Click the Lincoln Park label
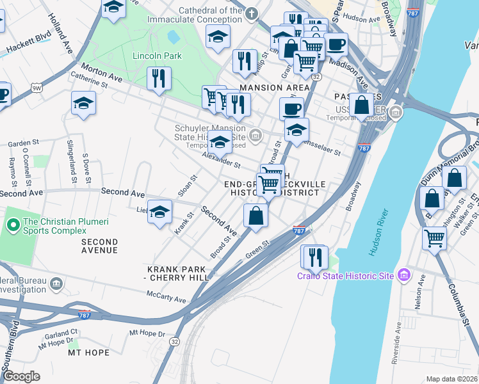157,56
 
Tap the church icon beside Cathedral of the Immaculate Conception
252,13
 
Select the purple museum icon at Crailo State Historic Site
403,275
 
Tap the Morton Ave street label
101,72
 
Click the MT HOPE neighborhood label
89,353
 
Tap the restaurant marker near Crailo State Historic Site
314,257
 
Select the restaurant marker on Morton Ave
158,79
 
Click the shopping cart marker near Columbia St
435,239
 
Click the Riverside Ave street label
397,342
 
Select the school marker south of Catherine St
83,104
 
